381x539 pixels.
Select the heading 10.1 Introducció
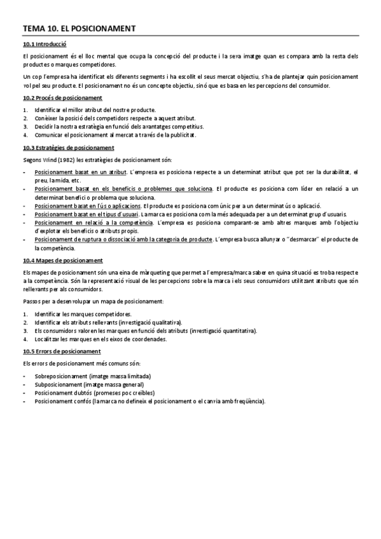[x=45, y=44]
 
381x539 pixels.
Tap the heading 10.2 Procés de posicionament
[x=62, y=97]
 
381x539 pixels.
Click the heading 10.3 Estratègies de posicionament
[x=68, y=147]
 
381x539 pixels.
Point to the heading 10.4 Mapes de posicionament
[x=62, y=261]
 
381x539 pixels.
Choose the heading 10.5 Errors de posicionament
[x=61, y=351]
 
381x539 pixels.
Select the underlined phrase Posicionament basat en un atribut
[x=80, y=172]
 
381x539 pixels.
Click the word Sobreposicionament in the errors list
[x=61, y=376]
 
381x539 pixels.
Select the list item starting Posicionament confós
[x=149, y=401]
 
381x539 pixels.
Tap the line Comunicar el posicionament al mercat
[x=115, y=135]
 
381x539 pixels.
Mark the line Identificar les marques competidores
[x=83, y=314]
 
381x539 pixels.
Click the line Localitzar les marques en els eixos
[x=100, y=339]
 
